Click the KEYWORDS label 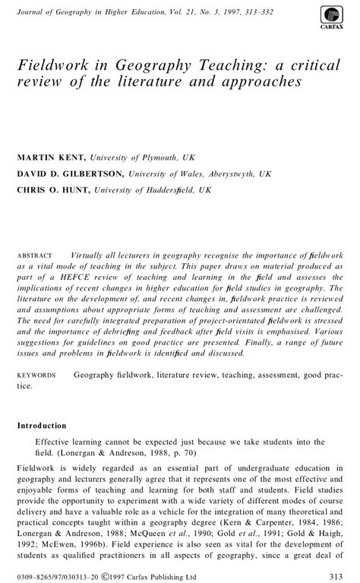(x=36, y=375)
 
